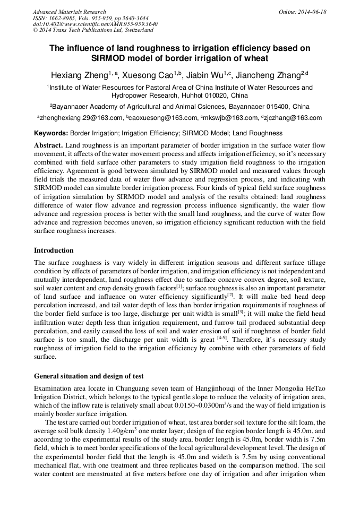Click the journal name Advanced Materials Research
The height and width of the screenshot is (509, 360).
69,12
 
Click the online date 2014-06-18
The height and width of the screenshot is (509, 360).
311,12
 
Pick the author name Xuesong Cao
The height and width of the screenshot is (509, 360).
151,75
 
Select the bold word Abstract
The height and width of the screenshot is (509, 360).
49,145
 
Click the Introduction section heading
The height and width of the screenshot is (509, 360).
54,251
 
